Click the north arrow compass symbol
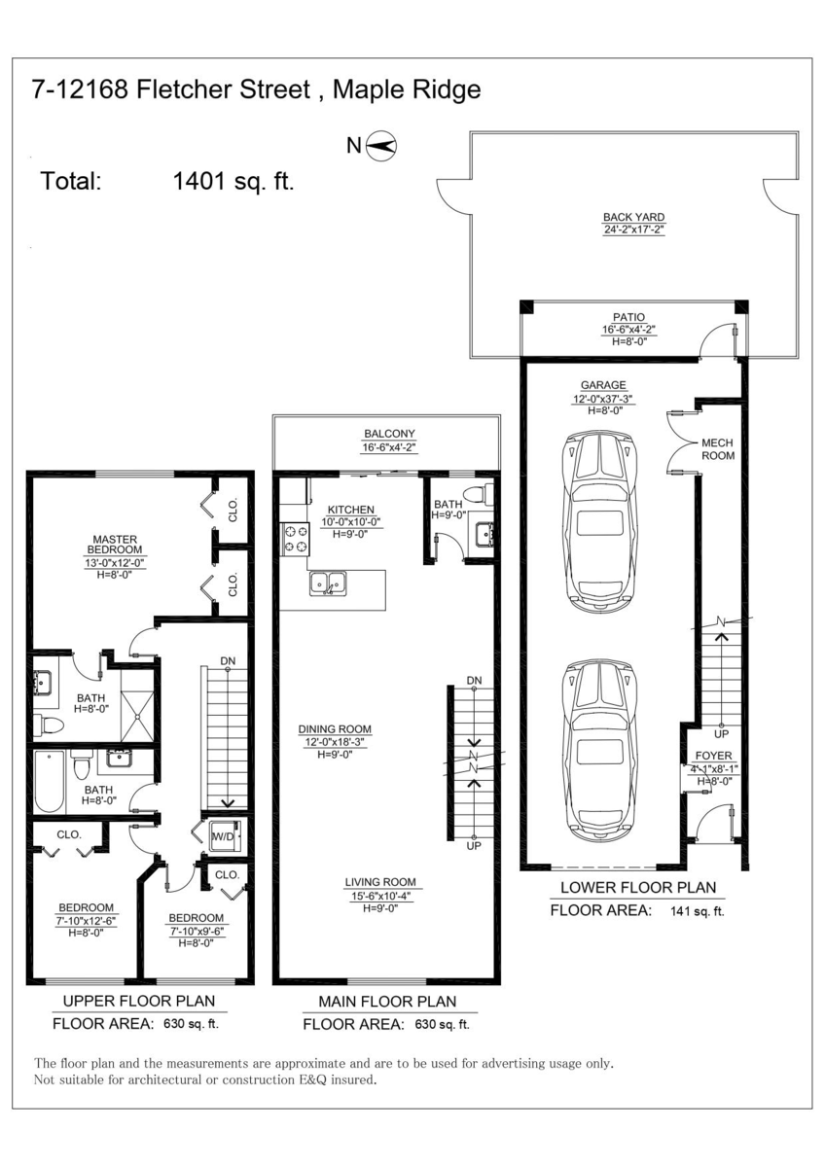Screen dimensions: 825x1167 [x=381, y=145]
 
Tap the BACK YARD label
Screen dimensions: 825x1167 [x=633, y=217]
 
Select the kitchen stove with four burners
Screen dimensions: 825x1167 [x=295, y=539]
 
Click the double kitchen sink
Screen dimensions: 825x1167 [x=328, y=583]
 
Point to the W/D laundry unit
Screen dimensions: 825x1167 [x=226, y=835]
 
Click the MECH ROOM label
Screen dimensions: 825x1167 [x=718, y=449]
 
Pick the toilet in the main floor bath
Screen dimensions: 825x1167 [x=478, y=493]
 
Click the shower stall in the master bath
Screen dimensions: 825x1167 [x=137, y=705]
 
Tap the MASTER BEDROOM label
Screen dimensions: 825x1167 [x=115, y=545]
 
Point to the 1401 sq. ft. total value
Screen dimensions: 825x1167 [x=233, y=181]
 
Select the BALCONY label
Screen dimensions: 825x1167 [x=389, y=434]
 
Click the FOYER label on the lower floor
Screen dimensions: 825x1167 [x=713, y=756]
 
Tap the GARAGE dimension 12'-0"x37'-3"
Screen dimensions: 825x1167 [x=603, y=399]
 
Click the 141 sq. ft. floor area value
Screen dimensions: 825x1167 [x=697, y=911]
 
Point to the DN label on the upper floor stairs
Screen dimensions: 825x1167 [x=228, y=661]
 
